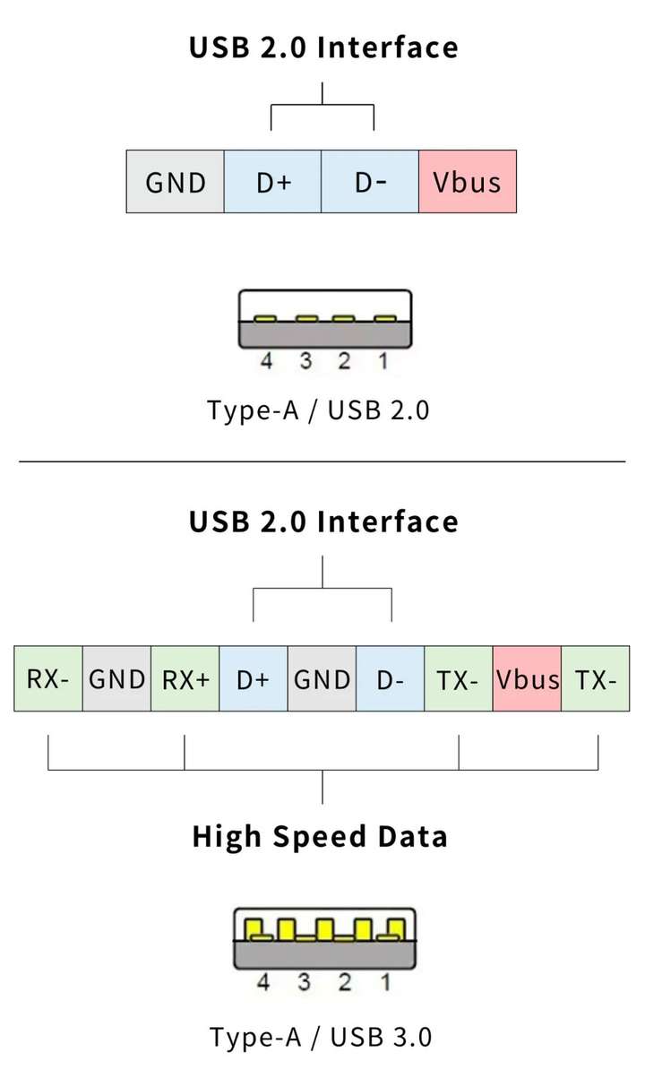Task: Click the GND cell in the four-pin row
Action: (x=176, y=182)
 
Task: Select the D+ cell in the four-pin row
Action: (x=273, y=182)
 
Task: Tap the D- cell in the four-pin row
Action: (x=370, y=182)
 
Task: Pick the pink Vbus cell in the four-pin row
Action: (x=467, y=182)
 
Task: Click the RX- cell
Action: (x=47, y=679)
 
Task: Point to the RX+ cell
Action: (x=185, y=679)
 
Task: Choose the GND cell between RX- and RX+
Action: (x=116, y=679)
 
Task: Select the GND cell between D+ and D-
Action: (x=322, y=679)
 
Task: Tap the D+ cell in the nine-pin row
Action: (x=254, y=679)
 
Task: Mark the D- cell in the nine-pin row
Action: (x=391, y=679)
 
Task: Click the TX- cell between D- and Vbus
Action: (x=459, y=679)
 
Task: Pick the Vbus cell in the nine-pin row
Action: (x=528, y=679)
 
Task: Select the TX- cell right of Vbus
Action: (x=596, y=679)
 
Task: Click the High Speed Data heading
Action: (x=320, y=837)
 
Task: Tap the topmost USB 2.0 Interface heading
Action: (x=323, y=47)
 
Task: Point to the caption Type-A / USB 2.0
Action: (x=319, y=410)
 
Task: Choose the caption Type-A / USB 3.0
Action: (x=321, y=1038)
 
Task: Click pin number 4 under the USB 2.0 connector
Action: (x=265, y=361)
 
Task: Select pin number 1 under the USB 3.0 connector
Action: (x=385, y=983)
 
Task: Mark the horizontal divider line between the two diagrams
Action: (x=322, y=462)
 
